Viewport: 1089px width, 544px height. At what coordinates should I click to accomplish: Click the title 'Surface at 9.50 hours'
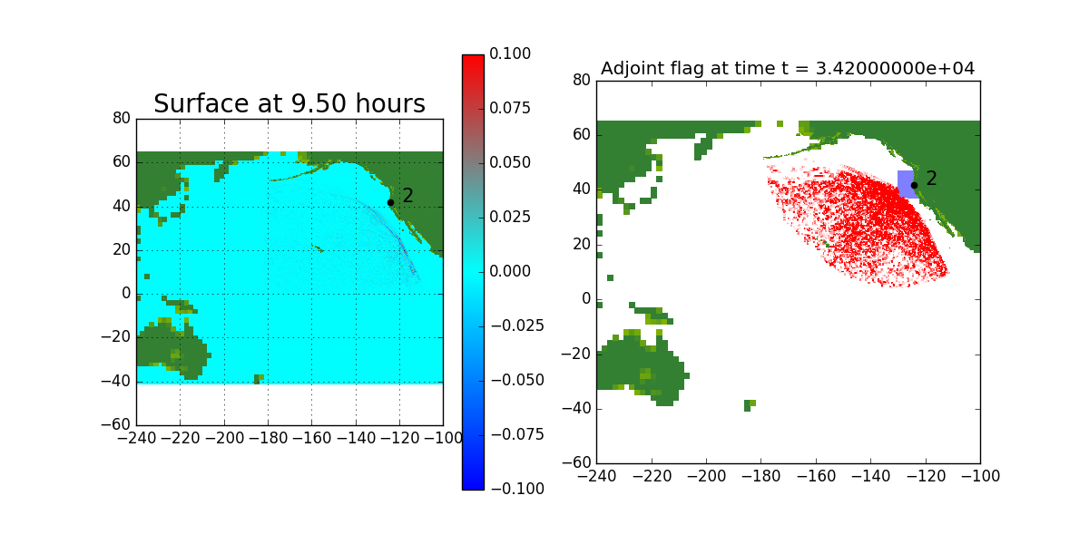point(289,104)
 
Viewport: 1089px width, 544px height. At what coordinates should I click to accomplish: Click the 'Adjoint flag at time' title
point(788,69)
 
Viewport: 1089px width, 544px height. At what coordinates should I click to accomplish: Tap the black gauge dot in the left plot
point(390,202)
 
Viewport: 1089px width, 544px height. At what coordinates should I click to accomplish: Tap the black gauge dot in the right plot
point(914,185)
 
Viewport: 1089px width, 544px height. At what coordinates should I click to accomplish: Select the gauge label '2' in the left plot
point(408,196)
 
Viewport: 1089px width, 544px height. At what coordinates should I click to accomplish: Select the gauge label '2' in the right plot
point(932,179)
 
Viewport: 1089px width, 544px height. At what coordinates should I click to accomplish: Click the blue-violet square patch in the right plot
point(906,183)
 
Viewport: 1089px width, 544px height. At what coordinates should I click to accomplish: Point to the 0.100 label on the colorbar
point(511,54)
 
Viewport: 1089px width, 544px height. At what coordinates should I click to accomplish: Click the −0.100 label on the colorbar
point(515,489)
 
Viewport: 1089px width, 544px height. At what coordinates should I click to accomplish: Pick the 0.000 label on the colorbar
point(511,271)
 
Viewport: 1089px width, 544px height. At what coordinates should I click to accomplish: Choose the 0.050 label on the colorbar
point(511,163)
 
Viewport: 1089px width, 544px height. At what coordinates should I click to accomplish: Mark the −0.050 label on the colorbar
point(515,380)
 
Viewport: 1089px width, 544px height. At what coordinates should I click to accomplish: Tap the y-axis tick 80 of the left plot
point(122,119)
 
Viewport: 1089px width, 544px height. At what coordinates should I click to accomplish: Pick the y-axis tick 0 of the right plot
point(586,299)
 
